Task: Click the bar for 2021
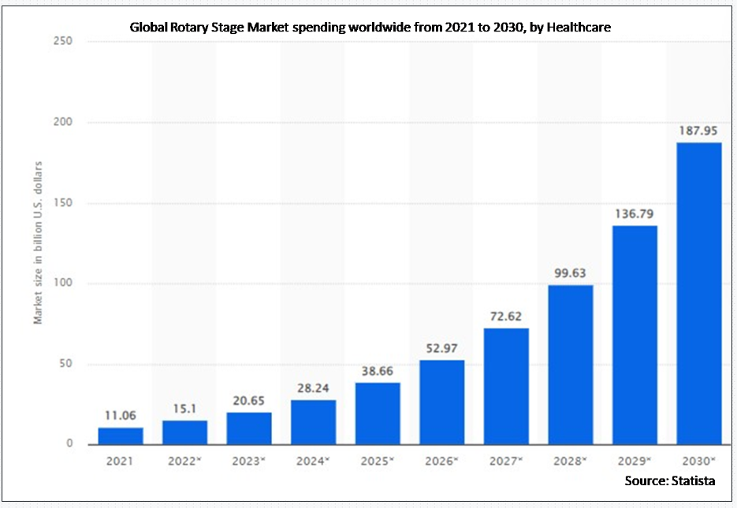121,436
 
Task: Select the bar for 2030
699,293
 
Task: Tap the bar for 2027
506,386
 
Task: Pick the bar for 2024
313,422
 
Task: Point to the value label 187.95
699,132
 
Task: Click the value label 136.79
635,214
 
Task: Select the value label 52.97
441,349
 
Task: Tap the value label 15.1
184,410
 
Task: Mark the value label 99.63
571,273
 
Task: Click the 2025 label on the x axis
375,461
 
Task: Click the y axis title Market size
38,242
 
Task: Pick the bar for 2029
635,335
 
